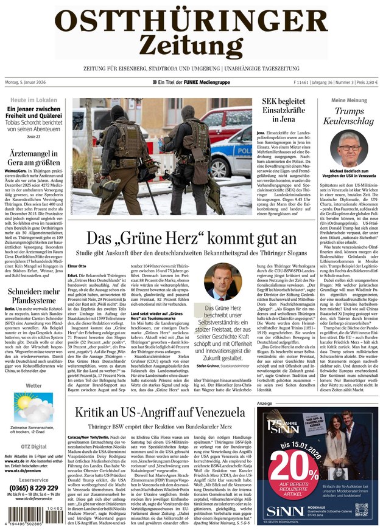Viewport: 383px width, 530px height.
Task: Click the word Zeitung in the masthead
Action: pyautogui.click(x=191, y=44)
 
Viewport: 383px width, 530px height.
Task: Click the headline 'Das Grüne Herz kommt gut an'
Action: pyautogui.click(x=191, y=239)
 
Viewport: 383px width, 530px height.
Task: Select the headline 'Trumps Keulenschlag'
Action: pyautogui.click(x=349, y=116)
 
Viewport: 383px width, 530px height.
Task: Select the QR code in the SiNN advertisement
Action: pyautogui.click(x=362, y=509)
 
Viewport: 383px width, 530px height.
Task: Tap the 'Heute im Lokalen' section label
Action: pyautogui.click(x=33, y=100)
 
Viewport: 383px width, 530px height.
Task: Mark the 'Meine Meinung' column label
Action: pyautogui.click(x=349, y=100)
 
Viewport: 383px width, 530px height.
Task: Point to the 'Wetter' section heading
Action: pyautogui.click(x=33, y=385)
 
